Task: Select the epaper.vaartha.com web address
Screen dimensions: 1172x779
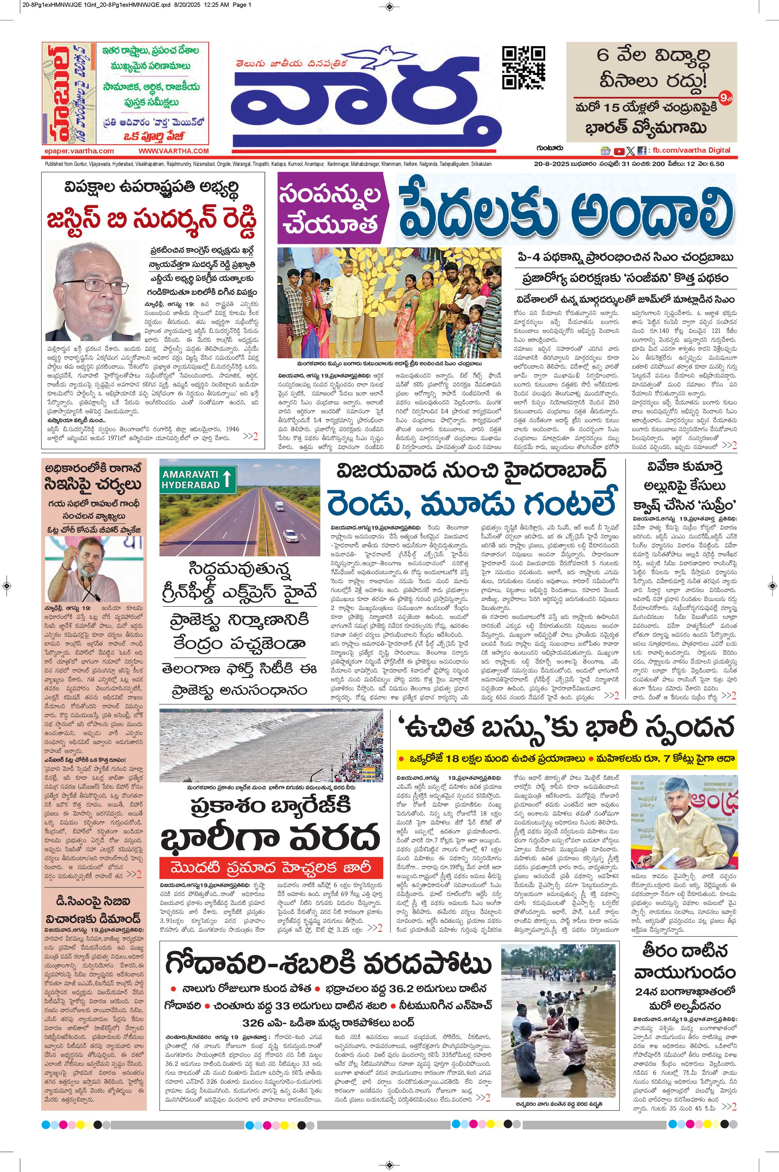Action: pyautogui.click(x=79, y=151)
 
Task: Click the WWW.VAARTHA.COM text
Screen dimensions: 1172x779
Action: pyautogui.click(x=173, y=151)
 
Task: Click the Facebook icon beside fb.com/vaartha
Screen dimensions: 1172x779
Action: pyautogui.click(x=642, y=151)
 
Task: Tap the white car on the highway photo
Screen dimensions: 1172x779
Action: pyautogui.click(x=291, y=535)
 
